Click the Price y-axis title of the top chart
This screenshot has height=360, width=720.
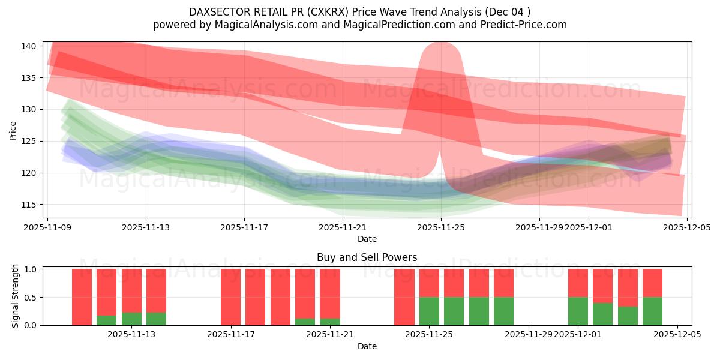(x=13, y=130)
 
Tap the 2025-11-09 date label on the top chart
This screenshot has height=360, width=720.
(x=47, y=227)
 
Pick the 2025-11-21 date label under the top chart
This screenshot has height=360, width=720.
(x=343, y=227)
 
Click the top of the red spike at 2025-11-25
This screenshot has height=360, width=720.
(x=442, y=45)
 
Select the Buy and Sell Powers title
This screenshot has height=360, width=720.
(x=367, y=257)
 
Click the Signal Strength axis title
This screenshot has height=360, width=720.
(x=16, y=296)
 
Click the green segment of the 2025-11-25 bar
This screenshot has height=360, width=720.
(x=429, y=311)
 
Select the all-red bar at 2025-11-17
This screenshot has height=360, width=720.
(x=230, y=297)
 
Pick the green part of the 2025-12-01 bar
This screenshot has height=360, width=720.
(x=578, y=311)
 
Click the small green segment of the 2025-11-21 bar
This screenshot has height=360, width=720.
(x=329, y=322)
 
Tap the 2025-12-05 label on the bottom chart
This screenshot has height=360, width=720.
(x=677, y=335)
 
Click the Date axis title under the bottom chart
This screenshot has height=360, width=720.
(x=367, y=346)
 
